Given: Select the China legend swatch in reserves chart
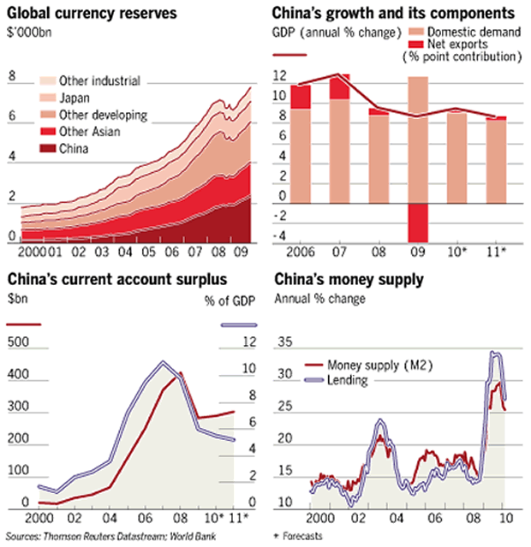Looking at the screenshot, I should pos(48,148).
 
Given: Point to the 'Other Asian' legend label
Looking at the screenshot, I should pos(89,131).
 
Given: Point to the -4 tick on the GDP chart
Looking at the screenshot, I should pos(282,237).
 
